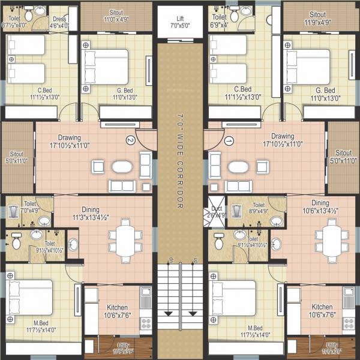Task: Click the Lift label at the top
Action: (180, 23)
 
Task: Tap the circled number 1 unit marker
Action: (228, 142)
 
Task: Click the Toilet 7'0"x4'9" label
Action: (30, 208)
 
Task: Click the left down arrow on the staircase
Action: (169, 312)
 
